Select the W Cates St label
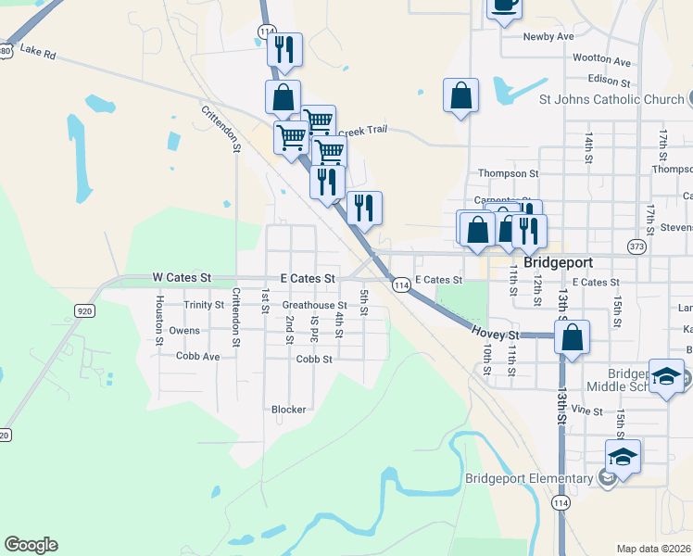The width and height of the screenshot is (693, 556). [182, 277]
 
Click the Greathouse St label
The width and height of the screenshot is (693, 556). [314, 305]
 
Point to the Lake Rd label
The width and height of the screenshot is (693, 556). [38, 53]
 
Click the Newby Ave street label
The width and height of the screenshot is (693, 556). [548, 36]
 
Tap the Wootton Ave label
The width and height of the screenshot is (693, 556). [601, 59]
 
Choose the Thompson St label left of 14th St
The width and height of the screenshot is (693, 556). [508, 173]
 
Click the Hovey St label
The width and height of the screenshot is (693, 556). [498, 332]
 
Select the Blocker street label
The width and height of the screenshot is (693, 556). [288, 409]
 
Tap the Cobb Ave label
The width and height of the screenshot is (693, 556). [197, 356]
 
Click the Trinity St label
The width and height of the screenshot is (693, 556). [204, 305]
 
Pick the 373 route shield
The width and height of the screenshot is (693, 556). [636, 246]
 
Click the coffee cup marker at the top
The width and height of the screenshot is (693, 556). [504, 5]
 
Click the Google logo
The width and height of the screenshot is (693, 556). [31, 545]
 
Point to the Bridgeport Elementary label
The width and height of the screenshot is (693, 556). [529, 478]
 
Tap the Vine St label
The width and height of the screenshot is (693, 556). [586, 410]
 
